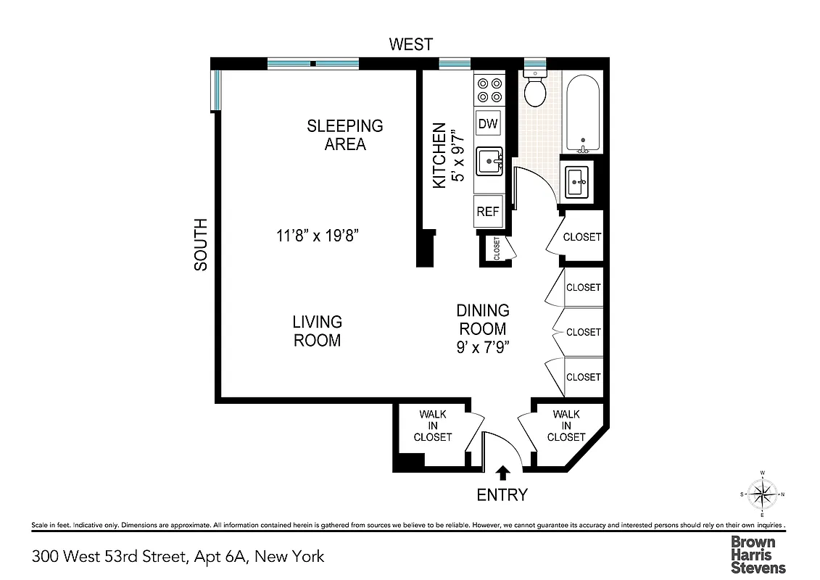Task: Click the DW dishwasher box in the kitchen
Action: [488, 124]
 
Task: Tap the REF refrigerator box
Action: [488, 212]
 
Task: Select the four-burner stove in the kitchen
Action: [488, 89]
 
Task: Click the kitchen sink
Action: [489, 161]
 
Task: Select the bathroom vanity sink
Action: [578, 181]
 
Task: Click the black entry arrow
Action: [502, 473]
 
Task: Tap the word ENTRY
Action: [502, 495]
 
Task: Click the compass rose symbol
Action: [762, 495]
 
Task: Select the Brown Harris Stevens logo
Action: [758, 555]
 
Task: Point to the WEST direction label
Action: [411, 44]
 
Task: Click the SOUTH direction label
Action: [200, 244]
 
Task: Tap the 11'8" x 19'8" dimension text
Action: [318, 235]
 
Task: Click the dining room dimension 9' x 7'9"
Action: [483, 347]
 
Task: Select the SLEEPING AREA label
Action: [345, 135]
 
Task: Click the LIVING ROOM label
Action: [318, 331]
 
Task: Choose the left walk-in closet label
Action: [433, 426]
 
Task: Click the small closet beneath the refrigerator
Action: [497, 249]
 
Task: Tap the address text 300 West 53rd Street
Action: [178, 557]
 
